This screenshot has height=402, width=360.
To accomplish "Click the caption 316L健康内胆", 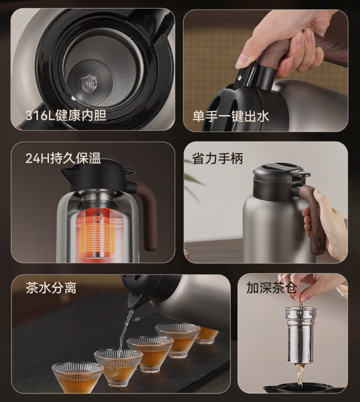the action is (66, 115).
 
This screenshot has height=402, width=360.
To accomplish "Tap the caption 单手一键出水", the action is (230, 116).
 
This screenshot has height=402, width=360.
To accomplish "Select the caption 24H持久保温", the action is (63, 158).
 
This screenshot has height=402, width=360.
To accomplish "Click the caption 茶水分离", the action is (51, 288).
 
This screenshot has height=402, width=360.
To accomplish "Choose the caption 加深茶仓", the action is (271, 287).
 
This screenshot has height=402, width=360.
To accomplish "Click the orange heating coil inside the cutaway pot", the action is (97, 238).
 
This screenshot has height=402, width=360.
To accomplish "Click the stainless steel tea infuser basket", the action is (300, 335).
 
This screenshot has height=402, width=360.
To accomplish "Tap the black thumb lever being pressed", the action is (245, 75).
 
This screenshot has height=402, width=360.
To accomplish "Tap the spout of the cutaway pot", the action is (67, 175).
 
